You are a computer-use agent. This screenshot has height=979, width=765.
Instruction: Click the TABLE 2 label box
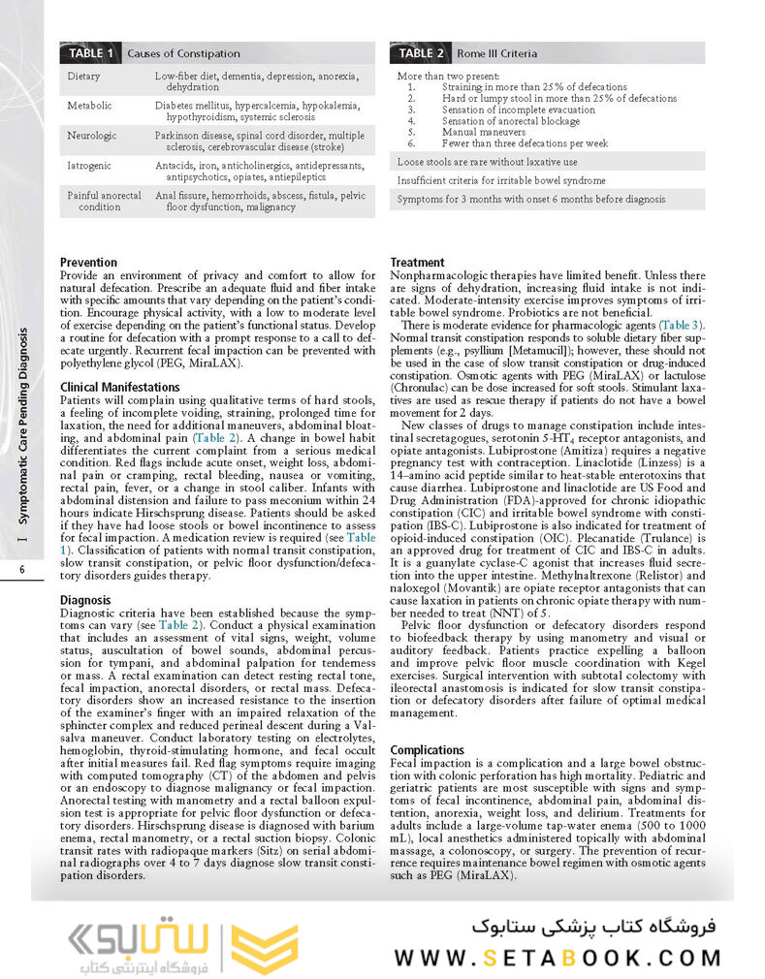click(x=421, y=53)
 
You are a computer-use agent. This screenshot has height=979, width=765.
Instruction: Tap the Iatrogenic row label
click(x=89, y=166)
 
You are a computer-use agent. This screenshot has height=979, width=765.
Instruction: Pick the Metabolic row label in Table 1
click(x=89, y=106)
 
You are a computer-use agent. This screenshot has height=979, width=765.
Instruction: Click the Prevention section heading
click(x=88, y=263)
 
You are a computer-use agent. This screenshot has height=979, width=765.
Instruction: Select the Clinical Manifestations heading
click(x=119, y=387)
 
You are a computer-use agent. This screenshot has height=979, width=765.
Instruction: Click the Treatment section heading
click(x=417, y=263)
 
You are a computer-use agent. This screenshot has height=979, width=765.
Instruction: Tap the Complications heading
click(x=427, y=750)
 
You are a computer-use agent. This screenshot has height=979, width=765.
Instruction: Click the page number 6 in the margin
click(x=20, y=570)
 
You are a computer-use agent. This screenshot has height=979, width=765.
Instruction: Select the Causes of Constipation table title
click(x=183, y=53)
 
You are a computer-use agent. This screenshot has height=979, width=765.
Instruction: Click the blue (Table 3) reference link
click(x=682, y=325)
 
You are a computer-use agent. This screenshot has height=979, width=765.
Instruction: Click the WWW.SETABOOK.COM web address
click(x=558, y=958)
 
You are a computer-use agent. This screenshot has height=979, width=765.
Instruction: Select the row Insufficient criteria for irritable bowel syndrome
click(x=501, y=180)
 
